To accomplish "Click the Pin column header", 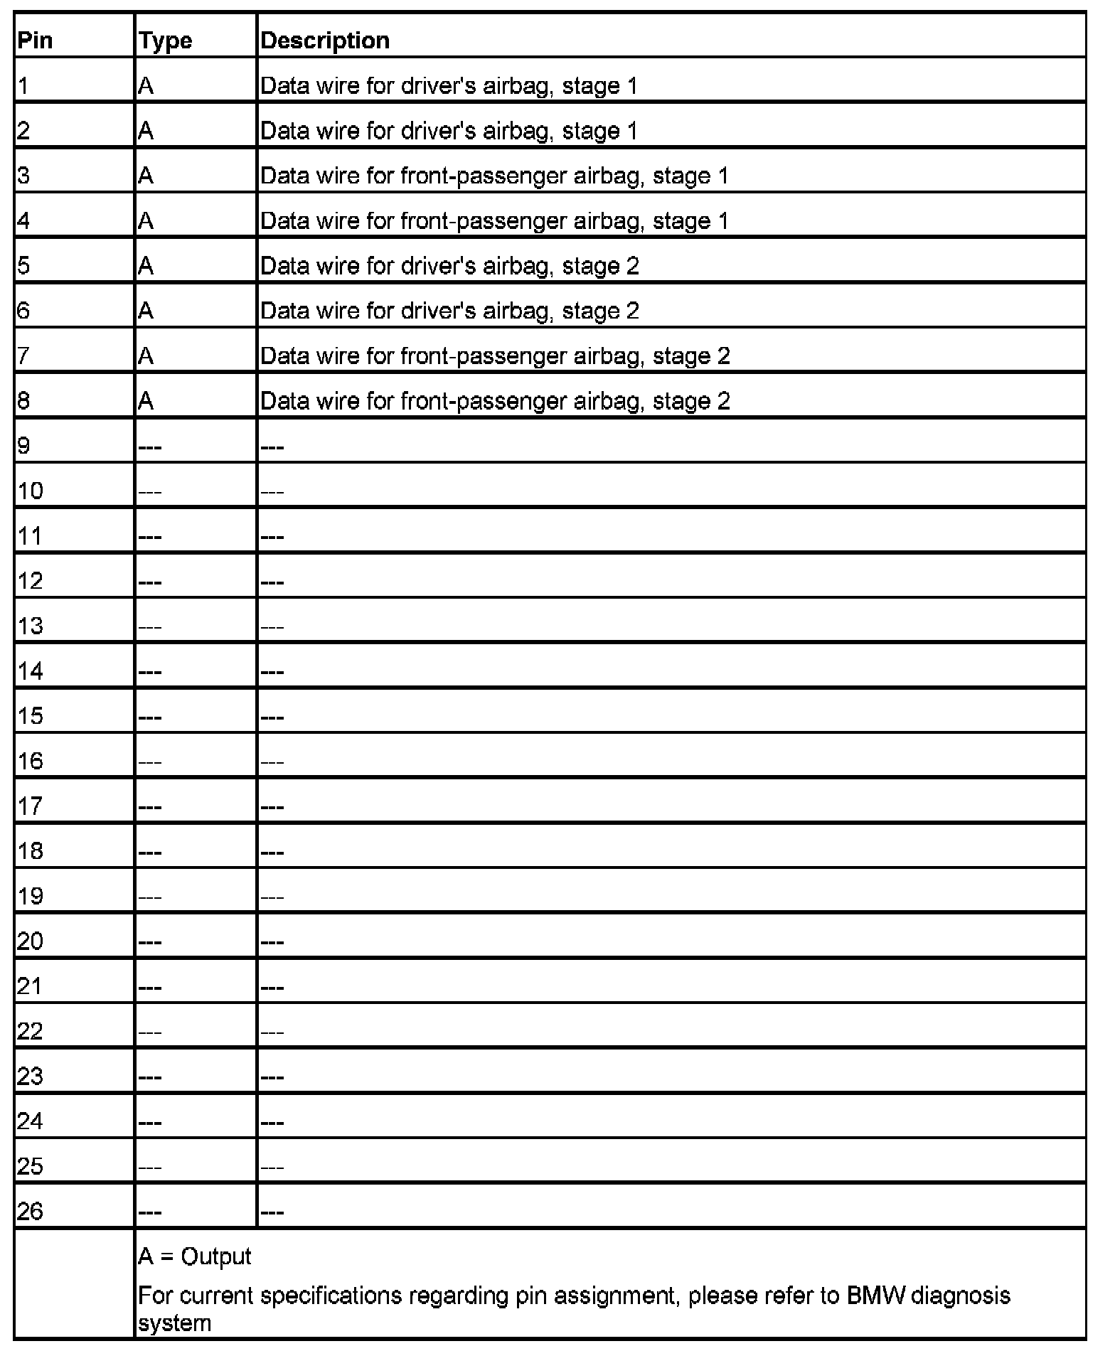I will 35,41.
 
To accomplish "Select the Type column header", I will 165,41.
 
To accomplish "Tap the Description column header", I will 325,41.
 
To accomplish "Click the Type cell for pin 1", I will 146,86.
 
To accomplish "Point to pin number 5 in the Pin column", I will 24,266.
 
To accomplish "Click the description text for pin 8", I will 495,401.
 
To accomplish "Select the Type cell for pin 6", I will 146,311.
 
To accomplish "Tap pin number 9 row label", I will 24,446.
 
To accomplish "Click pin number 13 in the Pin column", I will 30,626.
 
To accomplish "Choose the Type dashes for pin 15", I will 150,717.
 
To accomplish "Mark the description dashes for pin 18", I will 272,852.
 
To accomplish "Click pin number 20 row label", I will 30,941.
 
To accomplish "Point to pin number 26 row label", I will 30,1211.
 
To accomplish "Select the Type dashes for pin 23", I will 150,1077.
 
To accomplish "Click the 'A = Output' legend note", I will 194,1256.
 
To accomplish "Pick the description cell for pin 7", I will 495,356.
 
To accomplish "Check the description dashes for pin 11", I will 272,537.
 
